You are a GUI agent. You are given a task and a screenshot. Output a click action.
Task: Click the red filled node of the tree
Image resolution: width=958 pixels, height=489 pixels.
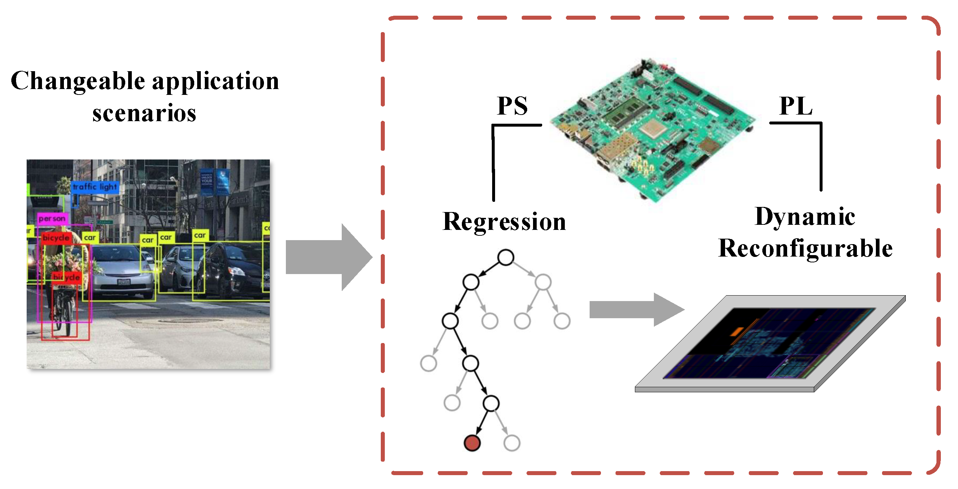472,443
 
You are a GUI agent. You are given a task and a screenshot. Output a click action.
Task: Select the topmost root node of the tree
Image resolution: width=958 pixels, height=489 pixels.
506,257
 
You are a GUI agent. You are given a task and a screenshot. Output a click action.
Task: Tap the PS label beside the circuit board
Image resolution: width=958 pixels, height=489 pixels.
512,106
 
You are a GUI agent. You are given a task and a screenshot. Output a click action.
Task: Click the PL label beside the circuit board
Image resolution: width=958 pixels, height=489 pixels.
796,106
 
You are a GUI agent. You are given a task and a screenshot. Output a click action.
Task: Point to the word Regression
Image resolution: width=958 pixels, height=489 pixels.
504,222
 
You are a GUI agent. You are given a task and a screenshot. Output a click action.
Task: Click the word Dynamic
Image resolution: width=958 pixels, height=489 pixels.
805,217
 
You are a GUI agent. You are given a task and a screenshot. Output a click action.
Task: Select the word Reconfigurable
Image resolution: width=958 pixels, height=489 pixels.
805,248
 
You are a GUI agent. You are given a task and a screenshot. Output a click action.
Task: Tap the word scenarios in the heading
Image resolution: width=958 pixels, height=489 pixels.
144,113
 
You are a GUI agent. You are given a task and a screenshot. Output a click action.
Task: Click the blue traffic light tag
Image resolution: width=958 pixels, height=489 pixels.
95,187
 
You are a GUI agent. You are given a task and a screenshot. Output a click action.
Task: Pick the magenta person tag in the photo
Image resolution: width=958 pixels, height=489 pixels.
52,219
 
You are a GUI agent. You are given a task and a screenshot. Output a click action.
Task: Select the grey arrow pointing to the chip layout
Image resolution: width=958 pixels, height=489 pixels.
636,309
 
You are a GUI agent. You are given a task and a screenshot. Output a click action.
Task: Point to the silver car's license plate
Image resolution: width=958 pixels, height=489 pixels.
123,282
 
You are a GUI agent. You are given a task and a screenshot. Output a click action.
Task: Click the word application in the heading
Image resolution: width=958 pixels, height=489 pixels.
215,81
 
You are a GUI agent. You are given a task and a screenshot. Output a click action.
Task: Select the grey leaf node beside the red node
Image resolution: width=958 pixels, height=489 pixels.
512,443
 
